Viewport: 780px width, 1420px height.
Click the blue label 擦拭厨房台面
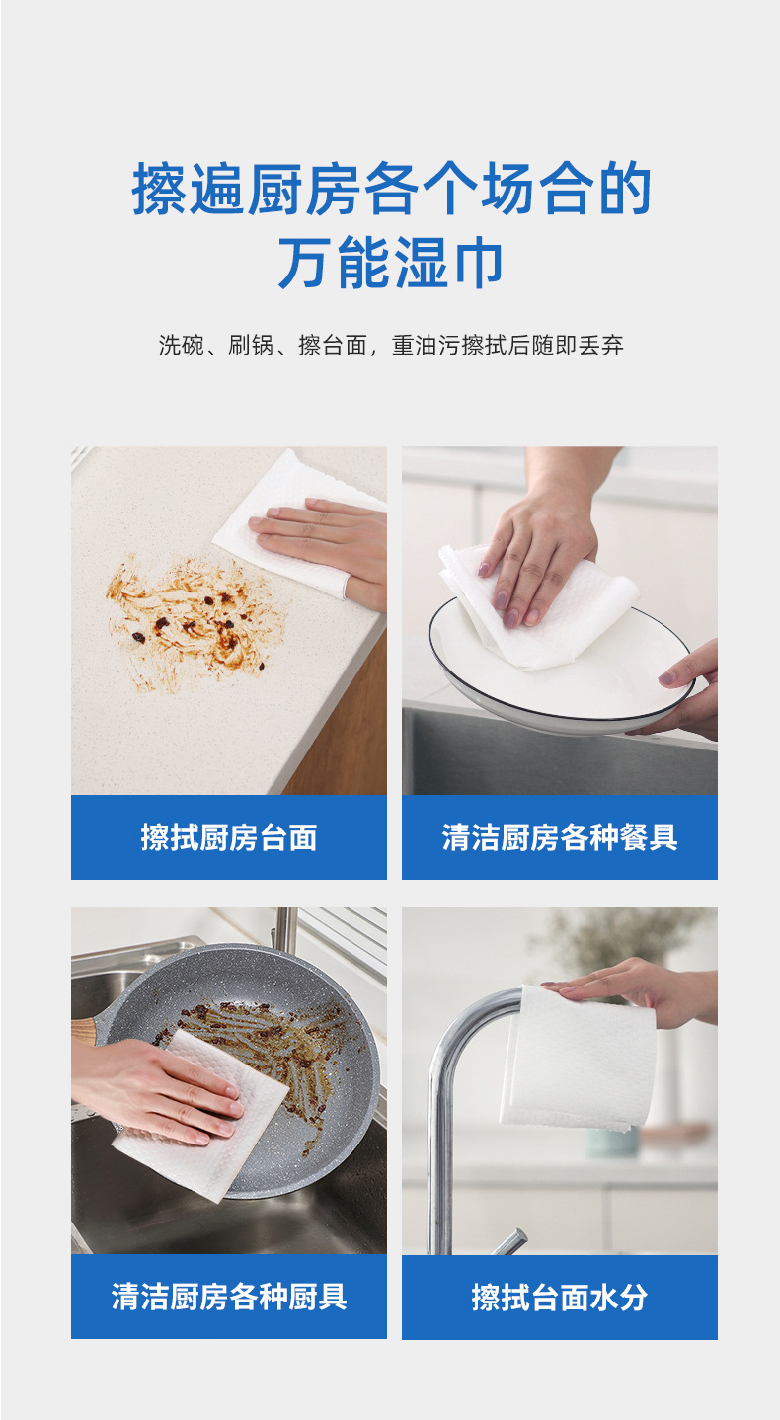228,837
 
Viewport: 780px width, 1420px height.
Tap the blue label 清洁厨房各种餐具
559,837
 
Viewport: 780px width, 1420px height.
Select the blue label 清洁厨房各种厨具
228,1297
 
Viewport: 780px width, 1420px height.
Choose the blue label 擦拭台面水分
559,1297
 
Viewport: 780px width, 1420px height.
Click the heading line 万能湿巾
391,263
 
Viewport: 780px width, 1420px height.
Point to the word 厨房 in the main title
304,190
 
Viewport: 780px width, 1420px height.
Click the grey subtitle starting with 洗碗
391,346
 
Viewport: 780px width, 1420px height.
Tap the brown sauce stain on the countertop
193,617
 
